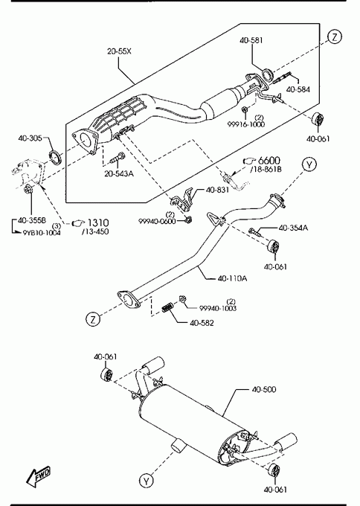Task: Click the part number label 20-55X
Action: pyautogui.click(x=119, y=51)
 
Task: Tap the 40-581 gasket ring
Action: pyautogui.click(x=268, y=75)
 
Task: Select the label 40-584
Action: pyautogui.click(x=298, y=89)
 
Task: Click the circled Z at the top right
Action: pyautogui.click(x=335, y=36)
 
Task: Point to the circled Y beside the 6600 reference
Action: pyautogui.click(x=309, y=165)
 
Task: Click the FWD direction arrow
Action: pyautogui.click(x=39, y=476)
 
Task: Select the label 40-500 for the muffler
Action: pyautogui.click(x=264, y=389)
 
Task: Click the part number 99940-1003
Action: pyautogui.click(x=218, y=308)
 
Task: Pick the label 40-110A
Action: pyautogui.click(x=232, y=278)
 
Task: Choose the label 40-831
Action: pyautogui.click(x=217, y=190)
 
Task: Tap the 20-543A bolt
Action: pyautogui.click(x=118, y=158)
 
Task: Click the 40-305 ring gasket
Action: pyautogui.click(x=56, y=156)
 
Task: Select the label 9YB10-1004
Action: pyautogui.click(x=42, y=233)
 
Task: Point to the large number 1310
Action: pyautogui.click(x=98, y=222)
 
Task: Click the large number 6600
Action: pyautogui.click(x=269, y=161)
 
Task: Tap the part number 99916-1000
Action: pyautogui.click(x=246, y=124)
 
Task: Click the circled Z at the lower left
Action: pyautogui.click(x=93, y=319)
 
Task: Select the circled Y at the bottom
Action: pyautogui.click(x=147, y=481)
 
